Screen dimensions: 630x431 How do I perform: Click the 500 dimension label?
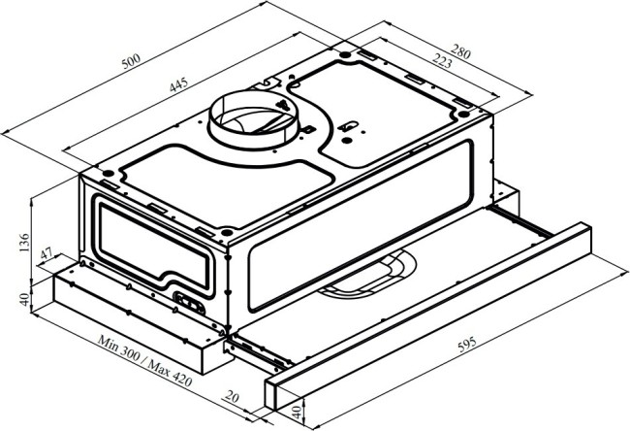pos(132,61)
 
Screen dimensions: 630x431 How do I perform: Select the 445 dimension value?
pos(178,84)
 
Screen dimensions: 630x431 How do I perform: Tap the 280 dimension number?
pos(460,51)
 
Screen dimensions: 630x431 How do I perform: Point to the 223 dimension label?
pos(442,60)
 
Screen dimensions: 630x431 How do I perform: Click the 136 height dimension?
pos(24,243)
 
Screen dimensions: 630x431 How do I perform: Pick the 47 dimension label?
pos(47,253)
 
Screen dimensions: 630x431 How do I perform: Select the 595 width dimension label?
pos(467,345)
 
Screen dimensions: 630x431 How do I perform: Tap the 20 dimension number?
pos(232,397)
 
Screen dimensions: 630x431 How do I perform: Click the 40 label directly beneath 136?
pos(24,299)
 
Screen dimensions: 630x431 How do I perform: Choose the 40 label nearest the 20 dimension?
pos(297,413)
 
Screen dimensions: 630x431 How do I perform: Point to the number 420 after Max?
pos(182,379)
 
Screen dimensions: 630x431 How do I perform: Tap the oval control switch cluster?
pos(189,303)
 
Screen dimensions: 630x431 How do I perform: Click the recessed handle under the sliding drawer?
pos(367,275)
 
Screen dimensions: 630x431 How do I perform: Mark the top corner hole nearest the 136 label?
pos(108,173)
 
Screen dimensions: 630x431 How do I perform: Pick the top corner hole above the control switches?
pos(226,232)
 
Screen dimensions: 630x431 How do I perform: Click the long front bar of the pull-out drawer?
pos(427,316)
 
